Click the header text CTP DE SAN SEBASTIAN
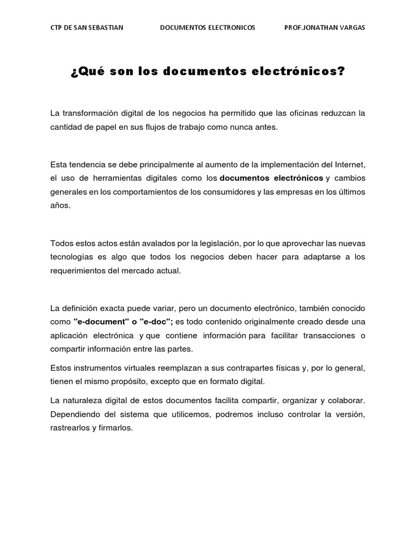[87, 28]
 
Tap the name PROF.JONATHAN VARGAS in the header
[324, 28]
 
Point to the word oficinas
[304, 113]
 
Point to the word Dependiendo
[75, 414]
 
